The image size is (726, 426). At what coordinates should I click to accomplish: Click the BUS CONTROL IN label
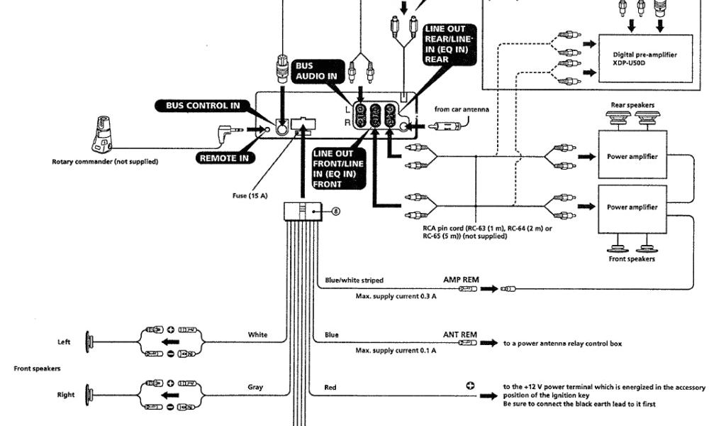203,106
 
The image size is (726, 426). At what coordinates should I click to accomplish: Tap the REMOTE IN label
223,158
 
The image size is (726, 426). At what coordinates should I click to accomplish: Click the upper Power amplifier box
632,156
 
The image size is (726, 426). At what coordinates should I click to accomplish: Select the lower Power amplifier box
632,207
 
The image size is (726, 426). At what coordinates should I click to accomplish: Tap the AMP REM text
461,280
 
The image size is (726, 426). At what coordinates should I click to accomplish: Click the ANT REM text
460,334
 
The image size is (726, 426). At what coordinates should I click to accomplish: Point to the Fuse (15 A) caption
249,196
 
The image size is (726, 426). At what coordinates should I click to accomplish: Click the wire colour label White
257,334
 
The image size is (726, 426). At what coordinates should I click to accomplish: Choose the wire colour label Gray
255,387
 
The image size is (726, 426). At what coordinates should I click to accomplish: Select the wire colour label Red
330,388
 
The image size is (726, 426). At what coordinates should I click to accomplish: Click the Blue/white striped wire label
354,280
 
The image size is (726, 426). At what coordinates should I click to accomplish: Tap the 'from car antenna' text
462,109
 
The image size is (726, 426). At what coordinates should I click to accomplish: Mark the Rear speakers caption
632,105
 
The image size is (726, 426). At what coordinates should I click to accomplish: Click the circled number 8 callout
336,211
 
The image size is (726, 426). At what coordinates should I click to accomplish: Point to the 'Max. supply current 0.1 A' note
396,350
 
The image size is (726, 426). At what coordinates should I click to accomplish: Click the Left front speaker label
64,342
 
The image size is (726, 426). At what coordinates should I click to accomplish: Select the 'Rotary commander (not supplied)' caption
105,161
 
